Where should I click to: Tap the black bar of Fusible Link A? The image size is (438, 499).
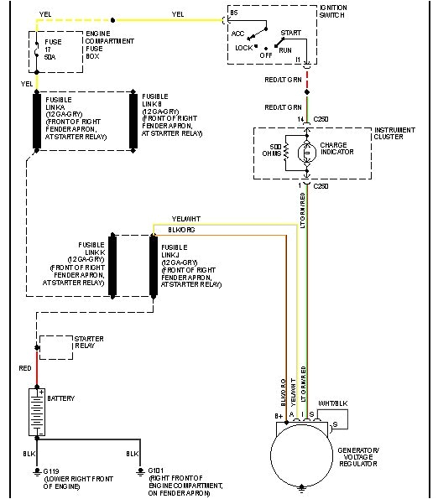[37, 121]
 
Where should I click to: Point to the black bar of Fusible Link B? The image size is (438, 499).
[133, 121]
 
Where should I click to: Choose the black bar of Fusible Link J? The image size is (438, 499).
[154, 266]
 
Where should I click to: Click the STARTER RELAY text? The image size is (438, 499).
[89, 340]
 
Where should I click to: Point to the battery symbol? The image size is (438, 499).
[36, 411]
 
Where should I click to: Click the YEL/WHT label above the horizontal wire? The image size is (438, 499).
[180, 220]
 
